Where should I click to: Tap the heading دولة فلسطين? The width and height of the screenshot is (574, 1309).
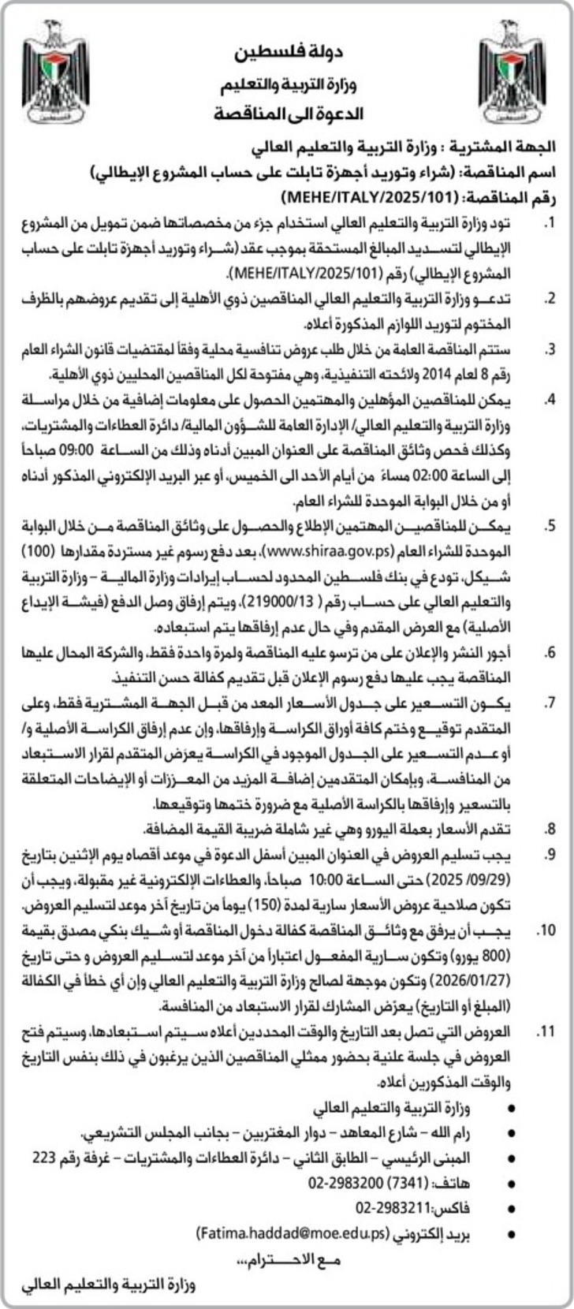(x=290, y=54)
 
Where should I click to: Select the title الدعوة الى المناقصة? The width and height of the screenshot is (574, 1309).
(x=288, y=114)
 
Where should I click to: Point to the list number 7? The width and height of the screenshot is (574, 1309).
(x=546, y=704)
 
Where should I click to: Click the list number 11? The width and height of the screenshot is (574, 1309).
(x=544, y=1031)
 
